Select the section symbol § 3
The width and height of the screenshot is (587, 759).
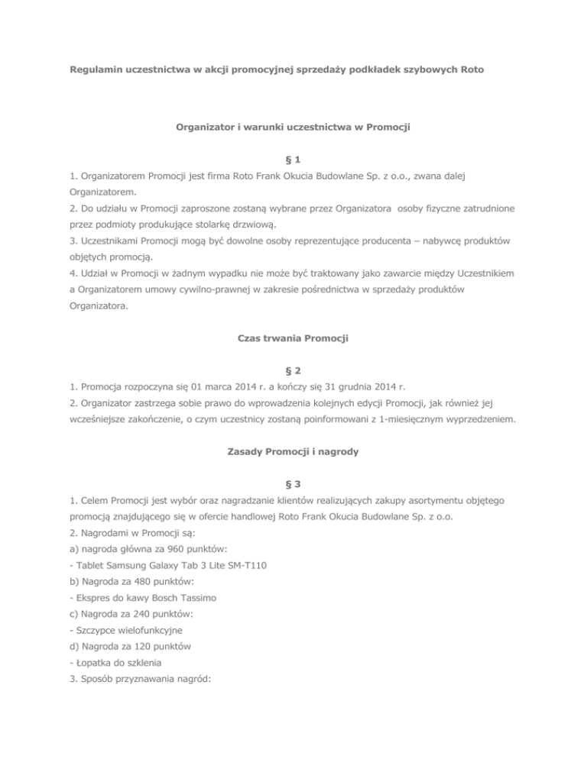point(293,483)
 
